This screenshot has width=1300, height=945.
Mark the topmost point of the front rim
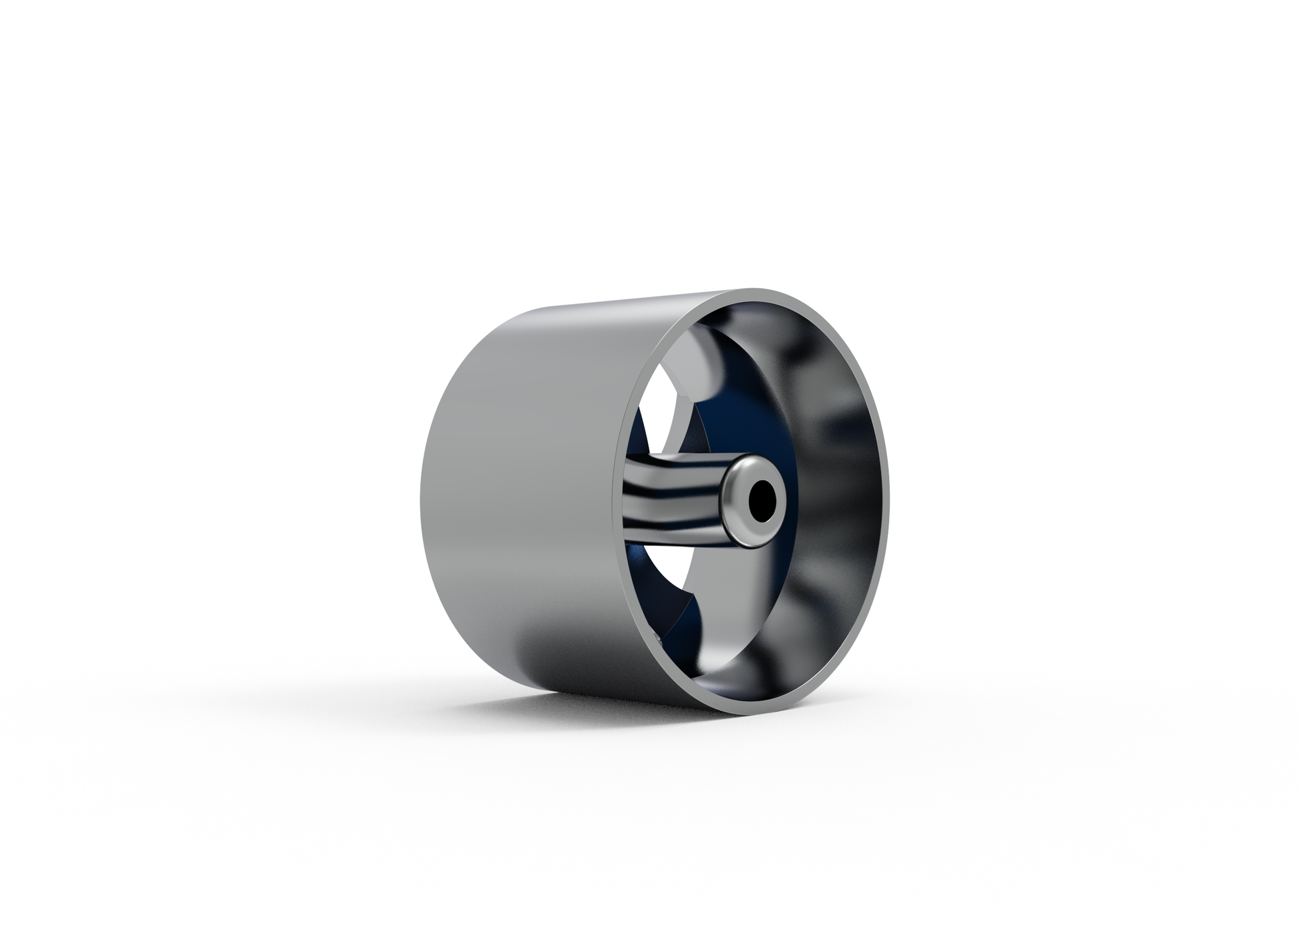(762, 291)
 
